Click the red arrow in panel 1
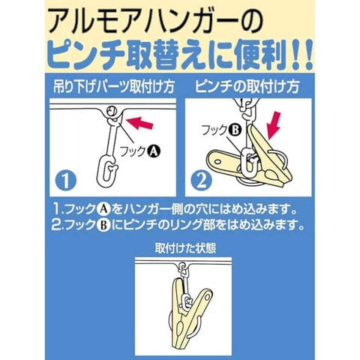[139, 123]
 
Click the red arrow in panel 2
[274, 126]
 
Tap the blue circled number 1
[66, 180]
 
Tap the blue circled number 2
[201, 180]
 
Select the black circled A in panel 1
[153, 151]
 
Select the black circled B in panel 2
[235, 130]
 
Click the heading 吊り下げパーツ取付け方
[114, 87]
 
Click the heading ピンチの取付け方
[247, 87]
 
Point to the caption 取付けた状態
[185, 248]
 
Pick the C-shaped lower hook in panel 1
[106, 172]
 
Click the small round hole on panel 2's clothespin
[219, 161]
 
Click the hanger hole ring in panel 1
[111, 110]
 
